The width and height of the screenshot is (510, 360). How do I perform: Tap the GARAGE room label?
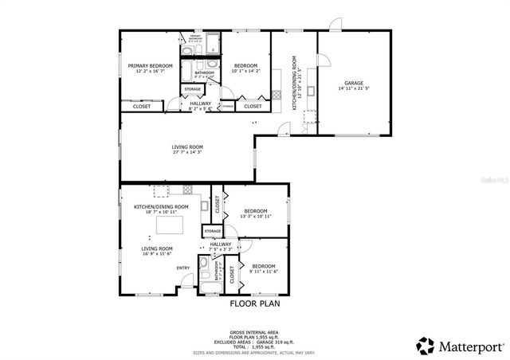[354, 82]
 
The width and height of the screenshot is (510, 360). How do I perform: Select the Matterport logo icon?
[425, 345]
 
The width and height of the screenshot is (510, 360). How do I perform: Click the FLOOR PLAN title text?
[255, 303]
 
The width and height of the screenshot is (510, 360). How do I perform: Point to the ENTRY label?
[183, 268]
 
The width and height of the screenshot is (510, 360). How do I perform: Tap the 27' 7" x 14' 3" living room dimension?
[187, 152]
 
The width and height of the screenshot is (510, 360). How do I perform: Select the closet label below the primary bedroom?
[142, 106]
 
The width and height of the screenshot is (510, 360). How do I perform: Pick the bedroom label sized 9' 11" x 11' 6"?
[263, 266]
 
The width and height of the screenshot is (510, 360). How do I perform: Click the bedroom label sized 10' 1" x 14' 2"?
[245, 65]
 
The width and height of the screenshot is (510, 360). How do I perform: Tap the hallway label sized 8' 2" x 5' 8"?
[201, 104]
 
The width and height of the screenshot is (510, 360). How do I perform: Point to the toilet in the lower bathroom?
[204, 265]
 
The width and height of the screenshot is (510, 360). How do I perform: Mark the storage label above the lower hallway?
[212, 231]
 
